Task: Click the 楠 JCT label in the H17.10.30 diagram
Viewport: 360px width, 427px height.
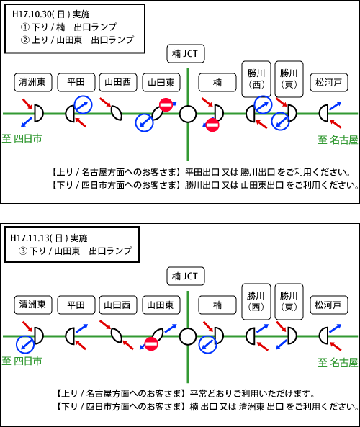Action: click(186, 54)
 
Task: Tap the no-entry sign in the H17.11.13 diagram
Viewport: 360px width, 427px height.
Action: click(151, 343)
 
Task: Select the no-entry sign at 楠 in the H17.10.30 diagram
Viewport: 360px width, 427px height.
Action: click(212, 125)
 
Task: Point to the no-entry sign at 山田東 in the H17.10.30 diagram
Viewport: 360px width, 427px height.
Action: click(166, 104)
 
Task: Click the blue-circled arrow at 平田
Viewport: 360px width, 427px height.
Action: click(84, 104)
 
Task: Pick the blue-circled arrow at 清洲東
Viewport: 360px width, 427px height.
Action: click(25, 344)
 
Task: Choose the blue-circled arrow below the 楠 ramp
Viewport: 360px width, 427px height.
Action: click(207, 344)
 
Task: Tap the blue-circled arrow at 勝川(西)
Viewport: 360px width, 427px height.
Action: click(263, 104)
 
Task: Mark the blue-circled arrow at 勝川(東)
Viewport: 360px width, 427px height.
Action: click(281, 121)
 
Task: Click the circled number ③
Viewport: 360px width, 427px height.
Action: click(23, 251)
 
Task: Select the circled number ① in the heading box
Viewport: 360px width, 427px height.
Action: click(24, 27)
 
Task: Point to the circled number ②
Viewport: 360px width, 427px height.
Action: click(24, 40)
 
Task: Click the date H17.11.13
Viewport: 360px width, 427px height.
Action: click(30, 238)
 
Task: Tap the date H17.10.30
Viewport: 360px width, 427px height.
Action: click(32, 14)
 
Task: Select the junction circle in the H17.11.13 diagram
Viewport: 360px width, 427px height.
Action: click(188, 336)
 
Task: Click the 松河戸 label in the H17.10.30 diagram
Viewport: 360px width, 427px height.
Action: click(329, 82)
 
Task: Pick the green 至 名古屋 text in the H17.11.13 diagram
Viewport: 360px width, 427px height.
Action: click(338, 362)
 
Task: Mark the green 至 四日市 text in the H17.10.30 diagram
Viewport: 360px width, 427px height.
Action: click(22, 138)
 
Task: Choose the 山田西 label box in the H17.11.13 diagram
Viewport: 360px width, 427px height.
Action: click(117, 305)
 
